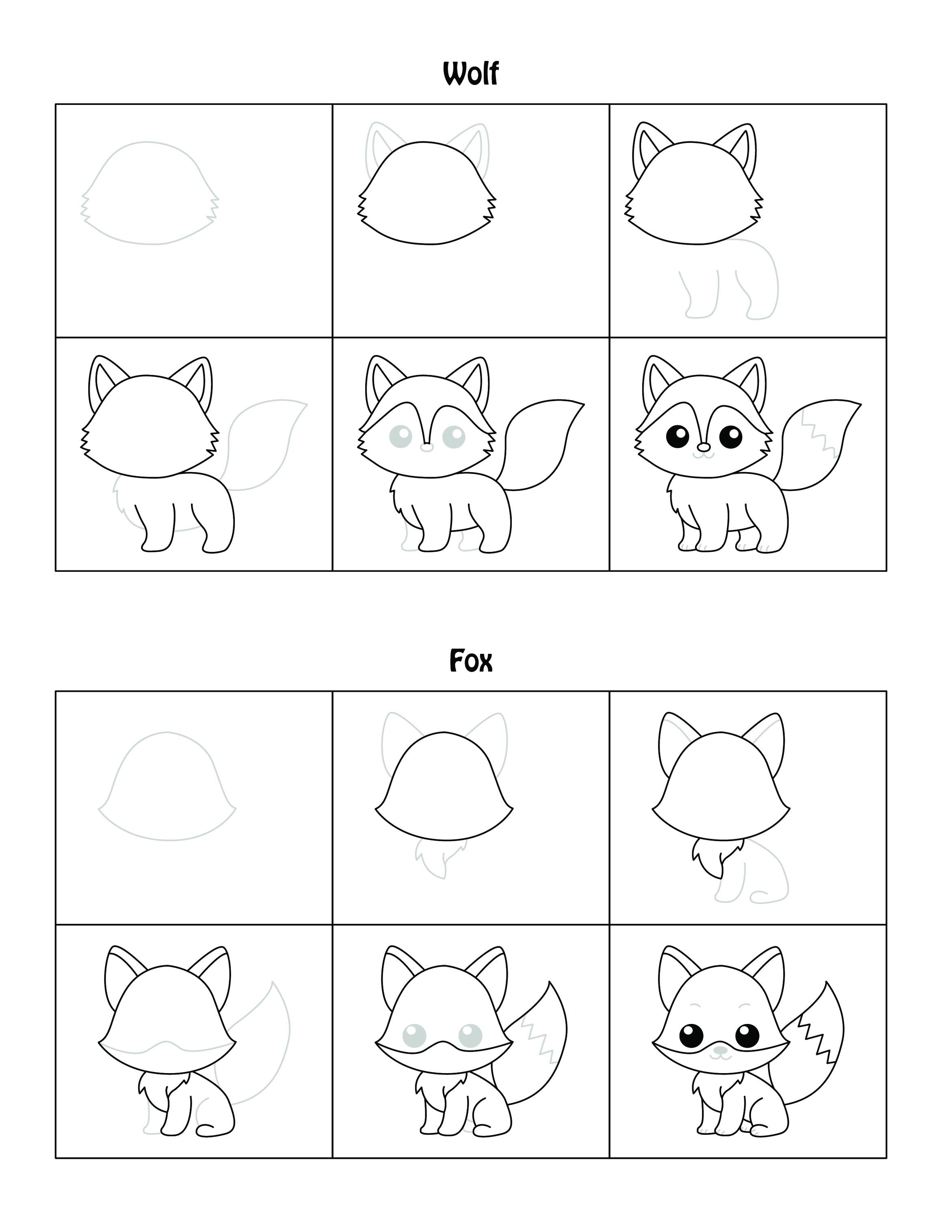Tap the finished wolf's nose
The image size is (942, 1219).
704,447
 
